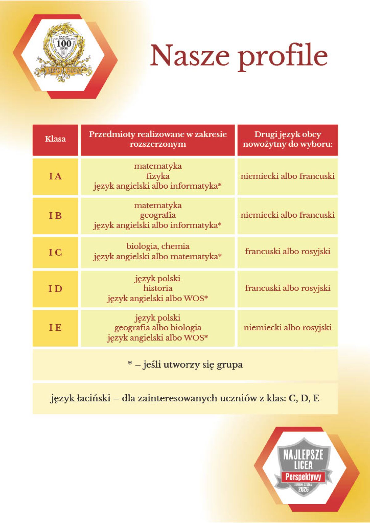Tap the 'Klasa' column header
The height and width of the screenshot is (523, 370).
click(55, 139)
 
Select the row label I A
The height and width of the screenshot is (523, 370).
click(55, 176)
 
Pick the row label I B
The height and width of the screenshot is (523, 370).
click(55, 215)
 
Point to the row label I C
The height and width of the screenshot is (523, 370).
click(55, 252)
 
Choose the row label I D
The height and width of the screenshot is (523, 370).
click(55, 289)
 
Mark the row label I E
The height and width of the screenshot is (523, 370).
click(55, 328)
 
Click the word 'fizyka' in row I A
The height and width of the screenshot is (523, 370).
click(158, 176)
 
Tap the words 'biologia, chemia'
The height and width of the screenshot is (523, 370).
click(158, 246)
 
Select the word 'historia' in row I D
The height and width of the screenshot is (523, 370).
click(158, 288)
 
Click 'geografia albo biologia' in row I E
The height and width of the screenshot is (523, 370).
click(158, 327)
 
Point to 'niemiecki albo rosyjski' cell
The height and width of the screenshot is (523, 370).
click(287, 327)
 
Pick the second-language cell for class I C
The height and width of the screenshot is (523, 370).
click(287, 251)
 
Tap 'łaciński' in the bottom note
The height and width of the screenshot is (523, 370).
click(94, 398)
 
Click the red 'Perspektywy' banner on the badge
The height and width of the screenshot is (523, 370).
click(303, 477)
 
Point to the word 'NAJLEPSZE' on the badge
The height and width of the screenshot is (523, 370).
click(303, 455)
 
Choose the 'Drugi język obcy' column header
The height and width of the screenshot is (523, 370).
click(287, 139)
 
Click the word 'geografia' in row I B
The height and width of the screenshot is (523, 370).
click(158, 215)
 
